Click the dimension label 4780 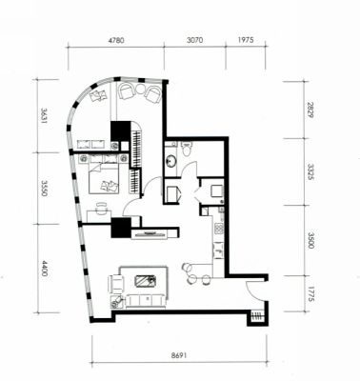(x=116, y=40)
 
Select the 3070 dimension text (x=195, y=40)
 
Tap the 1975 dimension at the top (x=246, y=40)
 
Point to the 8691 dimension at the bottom (x=179, y=355)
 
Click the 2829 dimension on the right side (x=310, y=110)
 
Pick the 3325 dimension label (x=310, y=171)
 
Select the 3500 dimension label (x=310, y=240)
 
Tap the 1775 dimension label (x=310, y=294)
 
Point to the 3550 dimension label (x=45, y=189)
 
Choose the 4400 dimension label (x=45, y=269)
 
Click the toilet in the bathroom (x=187, y=149)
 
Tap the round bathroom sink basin (x=170, y=161)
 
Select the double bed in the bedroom (x=104, y=177)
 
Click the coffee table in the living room (x=145, y=281)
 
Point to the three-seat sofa (x=146, y=300)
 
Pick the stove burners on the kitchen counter (x=219, y=229)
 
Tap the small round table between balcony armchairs (x=140, y=90)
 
